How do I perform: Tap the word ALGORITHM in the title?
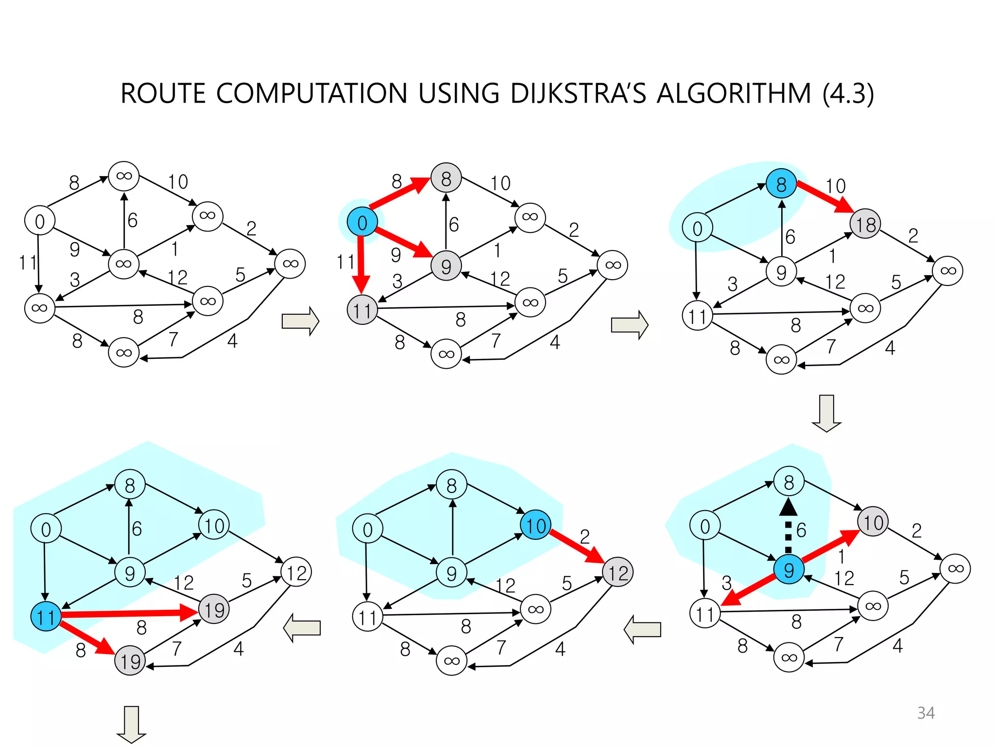(734, 93)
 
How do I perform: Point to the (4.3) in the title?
(848, 93)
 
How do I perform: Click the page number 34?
(926, 713)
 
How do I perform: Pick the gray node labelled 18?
(865, 224)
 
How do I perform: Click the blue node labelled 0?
(362, 222)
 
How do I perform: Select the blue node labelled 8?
(781, 184)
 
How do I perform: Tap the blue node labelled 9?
(789, 569)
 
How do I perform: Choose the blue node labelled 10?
(535, 526)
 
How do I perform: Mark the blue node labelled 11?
(46, 617)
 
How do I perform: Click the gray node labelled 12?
(618, 572)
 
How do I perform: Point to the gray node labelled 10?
(873, 522)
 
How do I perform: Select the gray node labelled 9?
(446, 266)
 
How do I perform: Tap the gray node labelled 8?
(446, 178)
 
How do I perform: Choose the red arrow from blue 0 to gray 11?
(361, 263)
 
